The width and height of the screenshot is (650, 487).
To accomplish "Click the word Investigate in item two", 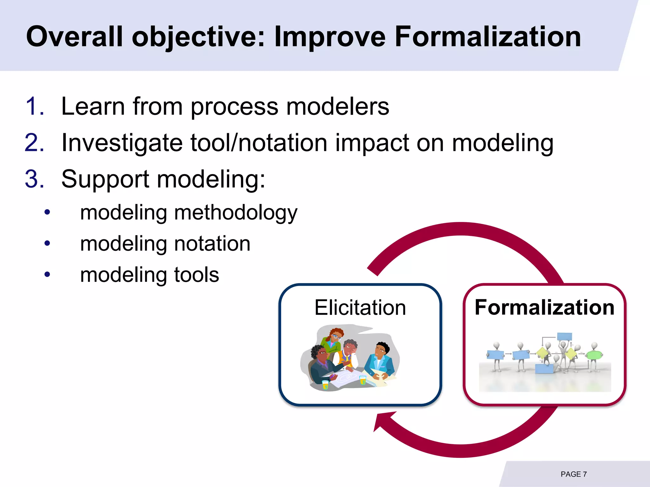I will coord(122,143).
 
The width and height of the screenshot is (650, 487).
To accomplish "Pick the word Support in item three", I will coord(105,179).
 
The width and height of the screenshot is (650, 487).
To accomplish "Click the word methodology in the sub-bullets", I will coord(236,213).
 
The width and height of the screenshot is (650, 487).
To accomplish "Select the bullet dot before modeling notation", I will coord(47,243).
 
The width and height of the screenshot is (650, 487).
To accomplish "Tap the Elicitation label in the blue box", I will coord(360,308).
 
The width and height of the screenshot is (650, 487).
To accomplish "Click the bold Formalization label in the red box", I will coord(544,308).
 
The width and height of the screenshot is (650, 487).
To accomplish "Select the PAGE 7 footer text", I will coord(574,474).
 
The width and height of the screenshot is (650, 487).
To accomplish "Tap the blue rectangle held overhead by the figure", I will coord(564,336).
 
